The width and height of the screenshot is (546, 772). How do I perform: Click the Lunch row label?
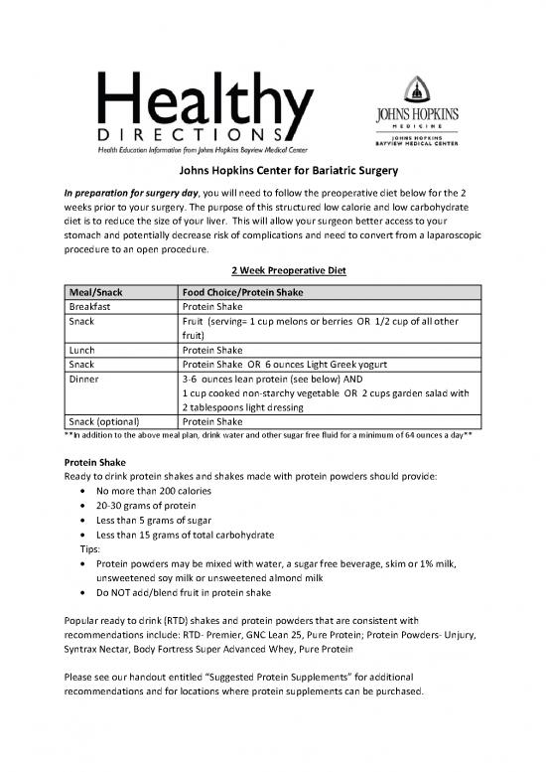[82, 350]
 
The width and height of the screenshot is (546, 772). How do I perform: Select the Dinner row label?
[84, 379]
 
